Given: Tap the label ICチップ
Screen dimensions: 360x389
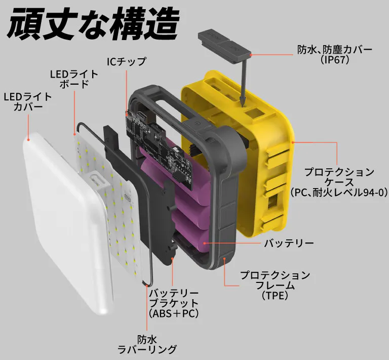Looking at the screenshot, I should [126, 62].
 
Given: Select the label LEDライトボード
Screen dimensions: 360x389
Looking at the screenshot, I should [74, 79].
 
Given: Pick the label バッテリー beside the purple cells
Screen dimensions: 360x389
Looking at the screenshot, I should [289, 243].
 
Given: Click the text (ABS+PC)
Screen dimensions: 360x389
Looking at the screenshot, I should [173, 314].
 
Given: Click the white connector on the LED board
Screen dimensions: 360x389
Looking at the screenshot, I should [96, 183].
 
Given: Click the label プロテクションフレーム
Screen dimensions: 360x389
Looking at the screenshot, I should [275, 280].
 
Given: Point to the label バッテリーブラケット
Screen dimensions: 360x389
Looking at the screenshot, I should [173, 299].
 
